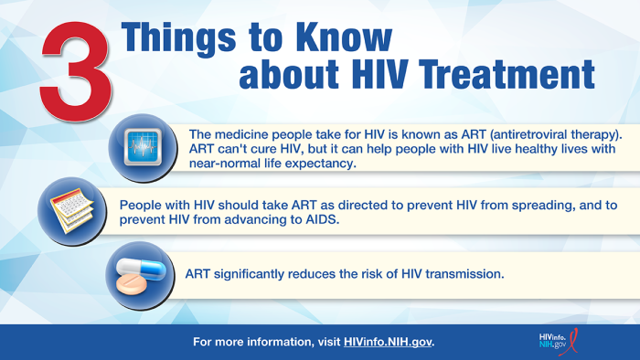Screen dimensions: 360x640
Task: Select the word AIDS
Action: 309,220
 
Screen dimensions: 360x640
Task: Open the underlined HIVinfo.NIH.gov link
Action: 388,342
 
